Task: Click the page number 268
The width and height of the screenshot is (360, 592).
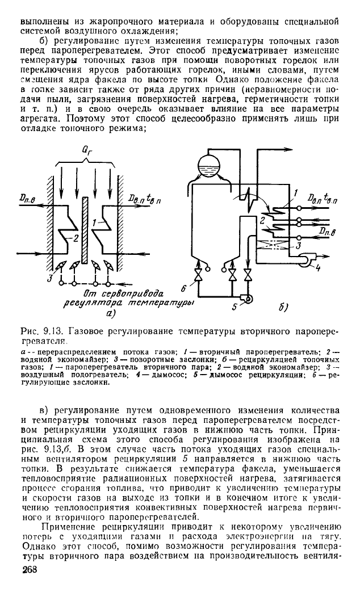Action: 28,570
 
